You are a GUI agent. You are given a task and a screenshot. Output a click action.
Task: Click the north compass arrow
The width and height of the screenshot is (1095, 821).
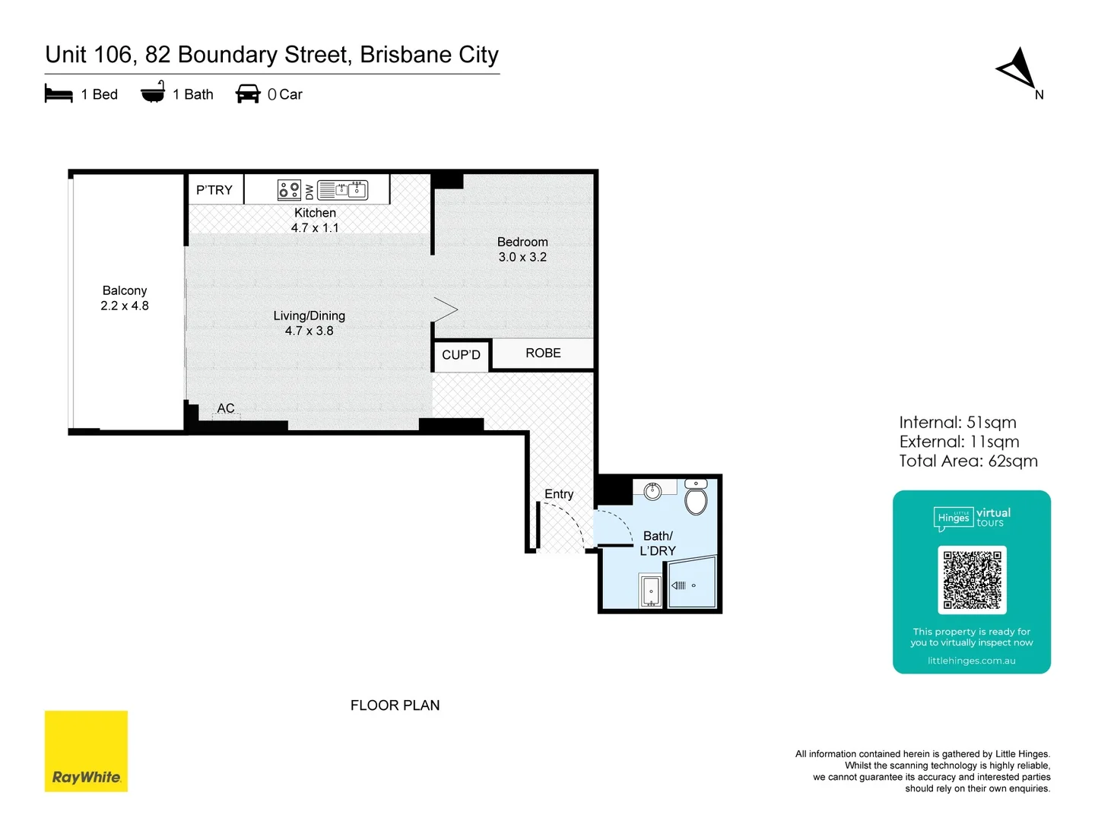pos(1020,69)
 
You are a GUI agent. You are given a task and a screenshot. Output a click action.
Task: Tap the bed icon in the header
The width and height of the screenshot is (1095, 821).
pos(59,94)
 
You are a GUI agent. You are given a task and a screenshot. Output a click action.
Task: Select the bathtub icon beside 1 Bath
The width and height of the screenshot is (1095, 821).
pos(153,92)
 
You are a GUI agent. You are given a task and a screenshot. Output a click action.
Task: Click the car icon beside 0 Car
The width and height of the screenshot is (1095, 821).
pos(248,94)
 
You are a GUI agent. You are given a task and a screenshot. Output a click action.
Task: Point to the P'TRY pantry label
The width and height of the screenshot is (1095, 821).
pos(214,190)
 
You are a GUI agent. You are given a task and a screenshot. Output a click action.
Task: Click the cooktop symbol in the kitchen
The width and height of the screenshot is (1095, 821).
pos(289,190)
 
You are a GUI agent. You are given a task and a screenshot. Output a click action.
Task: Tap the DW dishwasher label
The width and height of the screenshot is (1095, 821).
pos(309,191)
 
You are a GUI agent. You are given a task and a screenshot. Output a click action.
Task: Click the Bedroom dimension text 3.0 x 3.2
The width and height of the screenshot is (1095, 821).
pos(522,257)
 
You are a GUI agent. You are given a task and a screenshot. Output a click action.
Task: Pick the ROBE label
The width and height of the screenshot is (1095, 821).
pos(543,353)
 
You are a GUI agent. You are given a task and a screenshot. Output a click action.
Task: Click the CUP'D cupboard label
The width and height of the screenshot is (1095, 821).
pos(461,355)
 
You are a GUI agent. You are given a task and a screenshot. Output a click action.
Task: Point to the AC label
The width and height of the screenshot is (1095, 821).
pos(226,408)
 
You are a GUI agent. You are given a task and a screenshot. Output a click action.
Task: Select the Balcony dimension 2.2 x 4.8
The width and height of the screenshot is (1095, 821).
pos(125,306)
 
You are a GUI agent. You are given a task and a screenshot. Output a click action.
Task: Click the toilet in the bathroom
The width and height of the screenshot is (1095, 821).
pos(696,499)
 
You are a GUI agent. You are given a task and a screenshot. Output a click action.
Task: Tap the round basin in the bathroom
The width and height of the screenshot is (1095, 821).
pos(652,491)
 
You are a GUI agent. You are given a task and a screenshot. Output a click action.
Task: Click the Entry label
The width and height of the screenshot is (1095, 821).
pos(559,494)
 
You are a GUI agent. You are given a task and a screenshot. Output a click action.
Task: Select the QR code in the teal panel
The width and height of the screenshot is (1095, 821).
pos(972,580)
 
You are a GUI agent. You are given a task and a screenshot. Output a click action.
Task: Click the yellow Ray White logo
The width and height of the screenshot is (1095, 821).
pos(86,751)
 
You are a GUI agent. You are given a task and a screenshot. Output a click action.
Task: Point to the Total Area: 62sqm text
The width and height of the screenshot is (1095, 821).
pos(968,461)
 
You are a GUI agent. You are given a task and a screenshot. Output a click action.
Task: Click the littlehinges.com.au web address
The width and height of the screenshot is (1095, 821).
pos(971,661)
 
